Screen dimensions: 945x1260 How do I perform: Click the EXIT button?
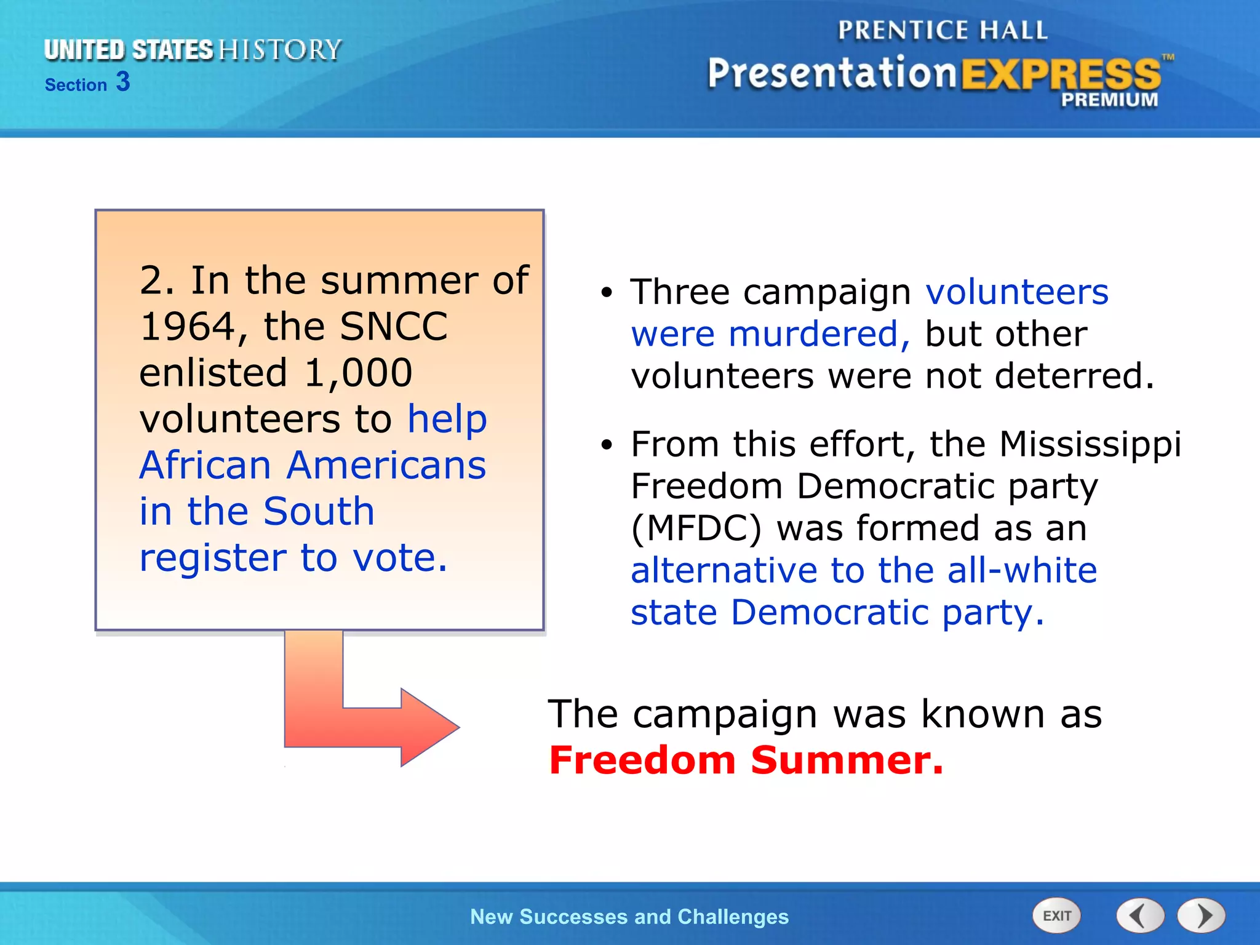1056,915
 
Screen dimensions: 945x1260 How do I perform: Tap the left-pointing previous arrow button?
1140,915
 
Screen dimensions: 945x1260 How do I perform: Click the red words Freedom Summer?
746,760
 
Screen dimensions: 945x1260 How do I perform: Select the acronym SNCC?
394,327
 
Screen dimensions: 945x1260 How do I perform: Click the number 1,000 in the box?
358,373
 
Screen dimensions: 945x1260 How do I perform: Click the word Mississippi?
1090,444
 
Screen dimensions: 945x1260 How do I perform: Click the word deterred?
1074,377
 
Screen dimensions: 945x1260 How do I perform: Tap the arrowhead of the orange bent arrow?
431,727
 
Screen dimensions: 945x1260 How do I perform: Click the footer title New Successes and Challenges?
629,917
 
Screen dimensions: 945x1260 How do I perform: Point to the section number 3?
123,82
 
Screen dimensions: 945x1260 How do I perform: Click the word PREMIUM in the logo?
1109,100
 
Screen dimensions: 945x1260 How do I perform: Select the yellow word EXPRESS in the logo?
1060,74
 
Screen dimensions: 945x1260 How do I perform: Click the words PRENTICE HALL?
943,30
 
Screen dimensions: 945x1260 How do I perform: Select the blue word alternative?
724,571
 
